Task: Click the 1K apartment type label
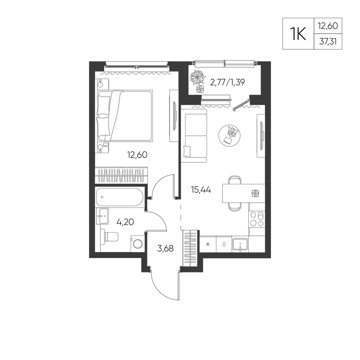click(x=298, y=34)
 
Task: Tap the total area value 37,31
click(x=328, y=41)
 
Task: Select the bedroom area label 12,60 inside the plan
click(x=137, y=155)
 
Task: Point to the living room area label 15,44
click(x=201, y=190)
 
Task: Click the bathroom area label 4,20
click(x=125, y=222)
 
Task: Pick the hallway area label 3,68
click(x=165, y=248)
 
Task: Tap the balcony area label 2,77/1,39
click(x=228, y=82)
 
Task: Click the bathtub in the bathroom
click(x=120, y=197)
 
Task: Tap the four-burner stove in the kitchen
click(x=257, y=219)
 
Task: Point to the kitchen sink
click(x=240, y=245)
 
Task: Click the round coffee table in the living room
click(x=230, y=136)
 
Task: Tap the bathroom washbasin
click(x=102, y=216)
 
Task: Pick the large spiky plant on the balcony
click(x=197, y=77)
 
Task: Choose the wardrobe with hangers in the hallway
click(x=190, y=248)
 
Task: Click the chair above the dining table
click(x=235, y=180)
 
